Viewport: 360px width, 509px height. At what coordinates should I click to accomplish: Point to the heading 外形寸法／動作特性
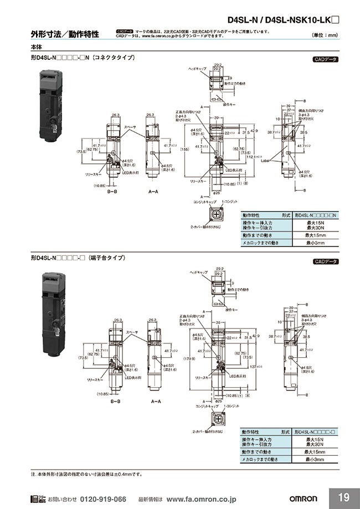[65, 34]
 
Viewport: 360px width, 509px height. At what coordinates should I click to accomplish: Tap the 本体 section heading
[38, 48]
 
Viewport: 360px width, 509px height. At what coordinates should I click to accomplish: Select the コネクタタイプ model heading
[84, 58]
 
